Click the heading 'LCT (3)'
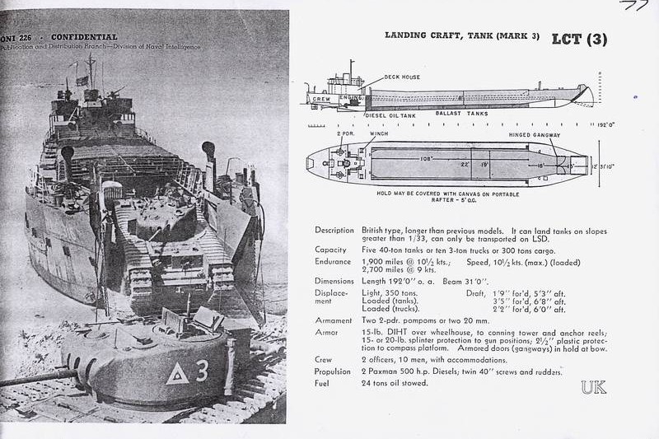coord(579,39)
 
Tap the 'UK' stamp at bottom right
coord(593,387)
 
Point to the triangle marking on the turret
coord(177,374)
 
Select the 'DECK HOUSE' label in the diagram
coord(402,77)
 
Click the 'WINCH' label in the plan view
coord(380,133)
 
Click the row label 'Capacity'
coord(330,250)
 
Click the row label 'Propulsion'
coord(334,371)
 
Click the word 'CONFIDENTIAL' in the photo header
coord(84,37)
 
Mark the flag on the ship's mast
coord(82,80)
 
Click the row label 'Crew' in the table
coord(323,360)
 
